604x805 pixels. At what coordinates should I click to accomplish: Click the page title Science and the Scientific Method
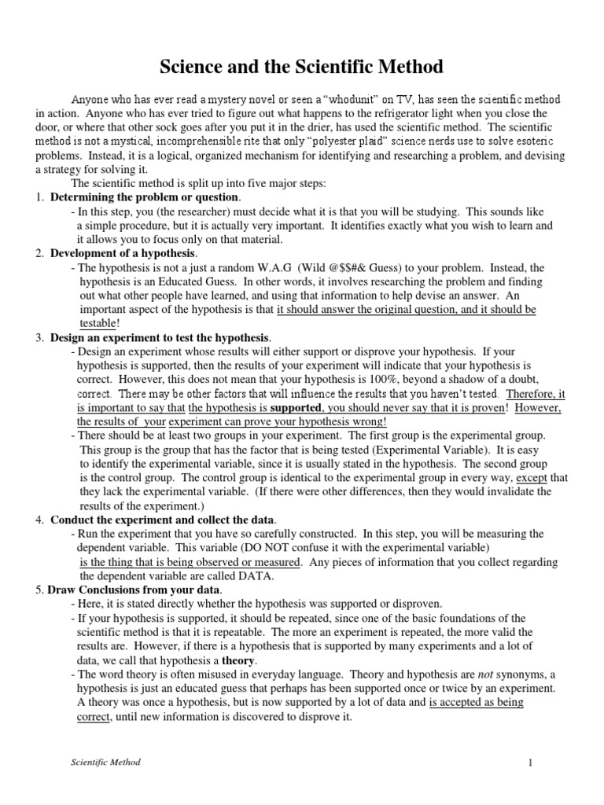pos(302,66)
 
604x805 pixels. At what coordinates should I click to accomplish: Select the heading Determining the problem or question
pos(145,197)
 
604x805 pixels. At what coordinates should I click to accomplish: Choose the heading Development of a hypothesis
pos(123,253)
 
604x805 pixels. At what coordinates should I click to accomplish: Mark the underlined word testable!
pos(100,323)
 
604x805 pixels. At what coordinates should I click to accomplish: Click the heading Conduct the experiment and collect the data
pos(163,520)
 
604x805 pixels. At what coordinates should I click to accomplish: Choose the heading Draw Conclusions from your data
pos(134,590)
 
